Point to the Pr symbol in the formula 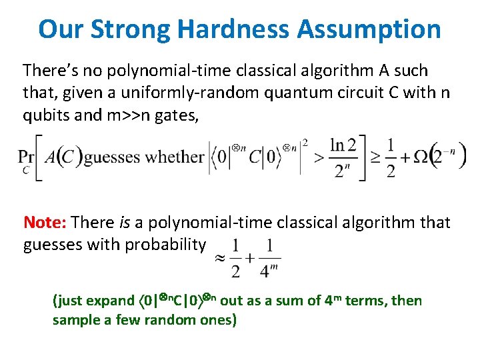(27, 157)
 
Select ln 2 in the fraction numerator (344, 144)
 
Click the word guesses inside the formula (112, 158)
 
